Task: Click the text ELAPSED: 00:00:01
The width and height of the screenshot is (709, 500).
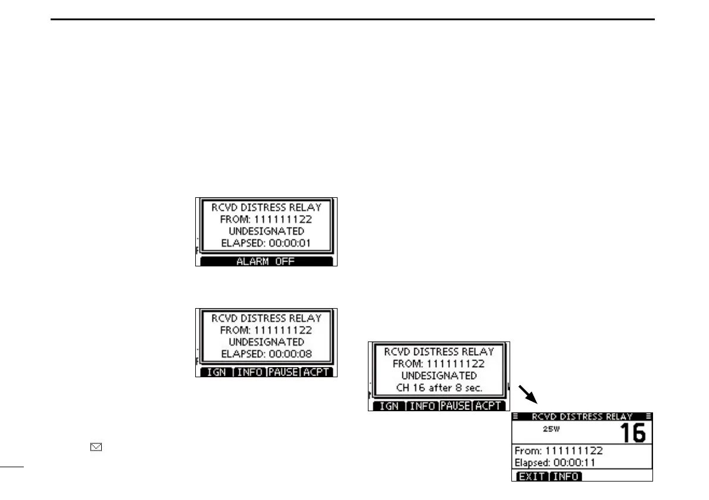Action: click(267, 243)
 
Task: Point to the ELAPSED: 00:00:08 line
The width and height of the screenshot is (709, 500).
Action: click(267, 354)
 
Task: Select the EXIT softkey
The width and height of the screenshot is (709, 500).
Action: click(530, 477)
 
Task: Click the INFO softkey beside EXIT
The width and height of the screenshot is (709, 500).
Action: click(565, 477)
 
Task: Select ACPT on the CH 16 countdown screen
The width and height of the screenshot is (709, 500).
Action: click(489, 406)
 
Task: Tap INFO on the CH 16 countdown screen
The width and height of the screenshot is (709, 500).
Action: click(422, 406)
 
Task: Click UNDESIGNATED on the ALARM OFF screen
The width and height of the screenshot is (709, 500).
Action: click(267, 231)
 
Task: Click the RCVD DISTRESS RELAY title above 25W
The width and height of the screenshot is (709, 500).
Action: click(582, 416)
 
